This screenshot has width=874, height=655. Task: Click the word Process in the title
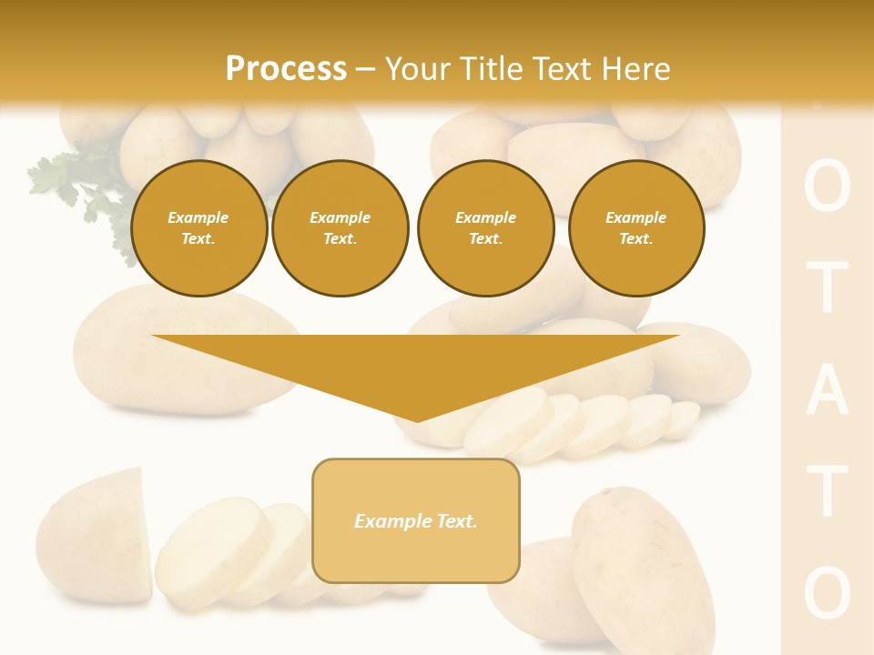coord(286,68)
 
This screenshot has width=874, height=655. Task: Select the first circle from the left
coord(198,228)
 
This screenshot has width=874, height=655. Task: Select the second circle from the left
coord(340,228)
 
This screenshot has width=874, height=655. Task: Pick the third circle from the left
coord(485,228)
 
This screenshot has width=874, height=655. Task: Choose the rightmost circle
coord(635,228)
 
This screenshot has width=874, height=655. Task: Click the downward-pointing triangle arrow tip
coord(417,414)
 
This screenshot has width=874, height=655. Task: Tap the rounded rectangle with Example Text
coord(416,520)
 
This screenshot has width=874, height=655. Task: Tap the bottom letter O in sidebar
coord(827,592)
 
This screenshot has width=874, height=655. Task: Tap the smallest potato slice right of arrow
coord(685,418)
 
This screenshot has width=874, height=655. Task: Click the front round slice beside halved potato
coord(211,551)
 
